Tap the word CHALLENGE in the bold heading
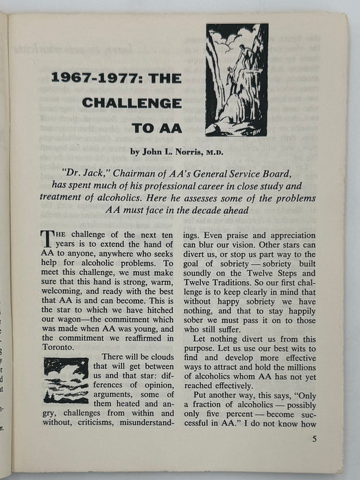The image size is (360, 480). tap(136, 103)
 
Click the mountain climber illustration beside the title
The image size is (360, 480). tap(237, 80)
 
